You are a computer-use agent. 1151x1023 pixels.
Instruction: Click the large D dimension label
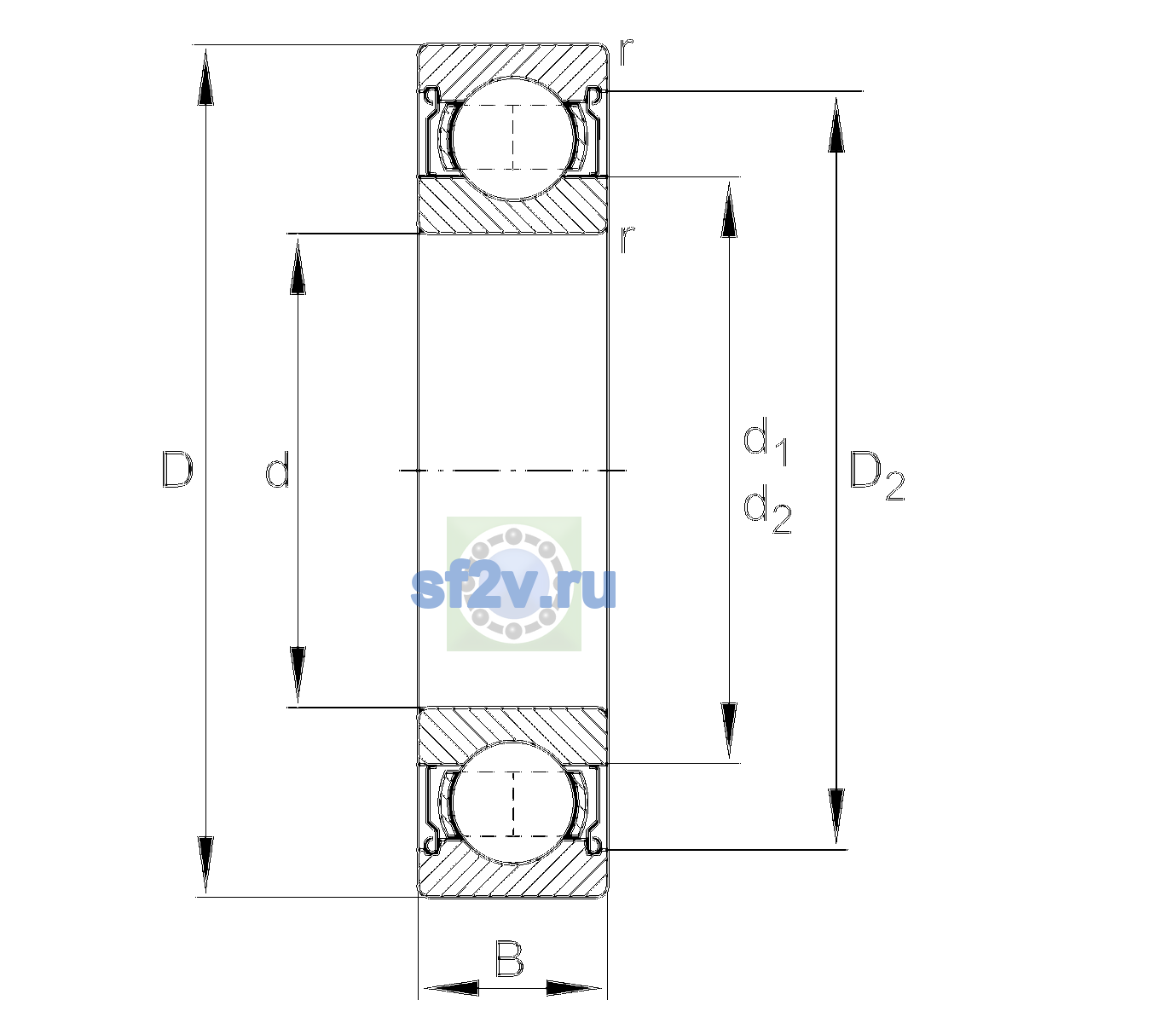pos(177,470)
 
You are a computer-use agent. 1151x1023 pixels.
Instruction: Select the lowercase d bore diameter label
pos(278,470)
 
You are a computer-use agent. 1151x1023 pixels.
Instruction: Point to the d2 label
pos(767,508)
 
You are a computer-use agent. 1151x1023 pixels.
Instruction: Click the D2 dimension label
pos(876,476)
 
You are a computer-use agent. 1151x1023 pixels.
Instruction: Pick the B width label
pos(509,958)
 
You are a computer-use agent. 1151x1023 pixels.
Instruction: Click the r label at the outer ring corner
pos(626,52)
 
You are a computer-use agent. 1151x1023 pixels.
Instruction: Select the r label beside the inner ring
pos(626,240)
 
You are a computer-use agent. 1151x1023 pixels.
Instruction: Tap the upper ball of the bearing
pos(513,139)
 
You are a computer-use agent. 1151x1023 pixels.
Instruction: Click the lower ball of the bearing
pos(513,802)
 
